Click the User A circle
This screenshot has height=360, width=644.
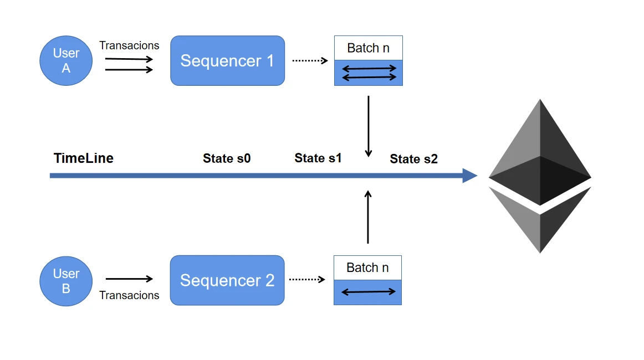point(66,60)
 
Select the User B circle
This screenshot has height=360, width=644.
point(66,281)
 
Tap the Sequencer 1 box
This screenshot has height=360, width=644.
point(227,60)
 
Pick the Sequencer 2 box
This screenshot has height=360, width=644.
point(227,280)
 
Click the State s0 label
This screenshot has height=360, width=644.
point(227,158)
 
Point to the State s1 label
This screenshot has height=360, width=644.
point(318,158)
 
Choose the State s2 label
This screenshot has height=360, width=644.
point(413,159)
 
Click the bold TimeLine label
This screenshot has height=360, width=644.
point(84,158)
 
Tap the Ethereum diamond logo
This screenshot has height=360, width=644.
point(540,176)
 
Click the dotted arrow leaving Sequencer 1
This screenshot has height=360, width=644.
point(310,60)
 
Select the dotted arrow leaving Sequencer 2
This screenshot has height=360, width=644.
point(306,280)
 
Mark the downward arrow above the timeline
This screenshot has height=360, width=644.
point(369,126)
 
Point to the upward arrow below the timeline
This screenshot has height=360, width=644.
point(368,217)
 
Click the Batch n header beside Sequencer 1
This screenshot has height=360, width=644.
point(369,48)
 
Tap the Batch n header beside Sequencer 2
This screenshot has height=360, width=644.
point(367,268)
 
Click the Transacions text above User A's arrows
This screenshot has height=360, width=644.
point(129,45)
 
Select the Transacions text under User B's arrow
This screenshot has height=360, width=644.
point(129,295)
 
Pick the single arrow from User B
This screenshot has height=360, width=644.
point(129,279)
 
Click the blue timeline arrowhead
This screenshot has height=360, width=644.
point(470,176)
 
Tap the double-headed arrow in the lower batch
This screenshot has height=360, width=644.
point(368,292)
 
